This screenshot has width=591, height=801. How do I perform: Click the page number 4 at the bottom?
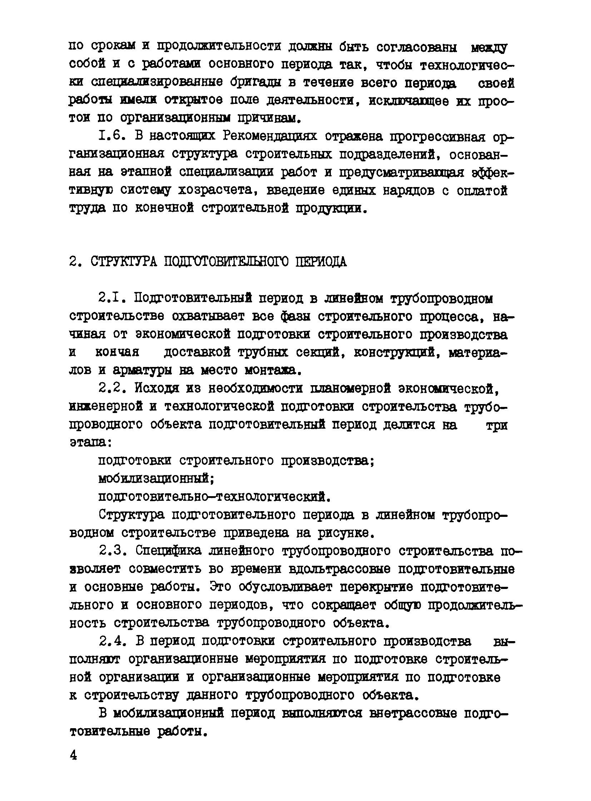coord(73,755)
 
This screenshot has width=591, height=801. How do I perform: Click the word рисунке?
coord(345,533)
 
